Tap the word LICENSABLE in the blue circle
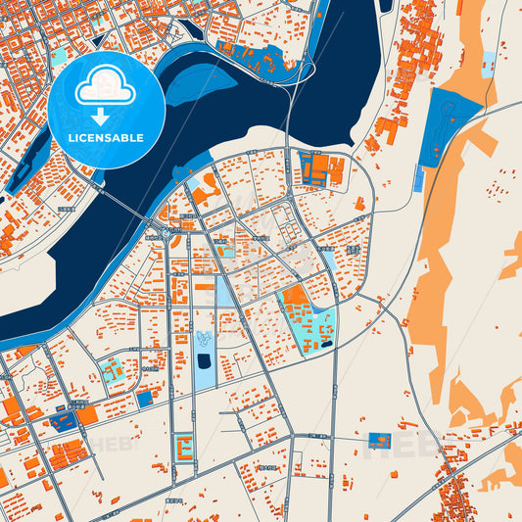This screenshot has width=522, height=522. (x=105, y=138)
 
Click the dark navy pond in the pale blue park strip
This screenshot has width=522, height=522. (x=204, y=361)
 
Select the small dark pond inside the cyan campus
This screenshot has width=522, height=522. (x=325, y=344)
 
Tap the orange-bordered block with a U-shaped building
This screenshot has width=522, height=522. (x=183, y=448)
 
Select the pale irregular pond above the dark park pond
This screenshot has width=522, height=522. (x=204, y=339)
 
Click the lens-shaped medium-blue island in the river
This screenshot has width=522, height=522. (x=201, y=84)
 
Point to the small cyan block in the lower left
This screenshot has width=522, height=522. (x=112, y=369)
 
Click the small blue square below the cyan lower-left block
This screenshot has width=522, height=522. (x=145, y=399)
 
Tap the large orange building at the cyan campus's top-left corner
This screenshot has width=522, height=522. (x=293, y=297)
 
